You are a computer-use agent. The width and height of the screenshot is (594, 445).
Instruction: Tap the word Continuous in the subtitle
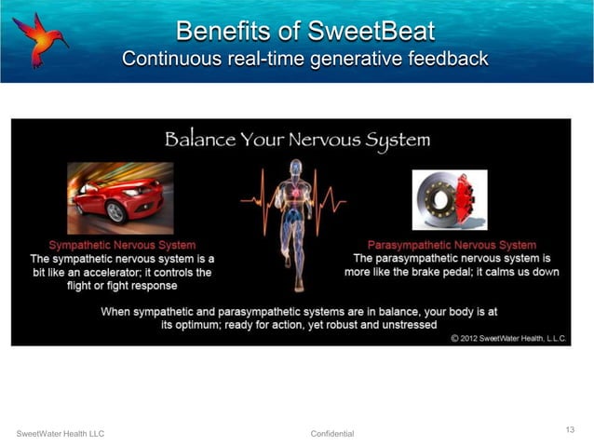click(x=171, y=59)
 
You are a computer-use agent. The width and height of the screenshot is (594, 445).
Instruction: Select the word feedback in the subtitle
click(x=446, y=59)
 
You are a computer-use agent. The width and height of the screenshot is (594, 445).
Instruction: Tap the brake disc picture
click(x=449, y=199)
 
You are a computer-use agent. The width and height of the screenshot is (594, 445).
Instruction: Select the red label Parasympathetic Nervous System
click(x=452, y=245)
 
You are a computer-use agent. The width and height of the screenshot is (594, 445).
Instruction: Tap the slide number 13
click(x=570, y=428)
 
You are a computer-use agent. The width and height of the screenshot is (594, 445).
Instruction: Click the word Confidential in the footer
click(x=332, y=434)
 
